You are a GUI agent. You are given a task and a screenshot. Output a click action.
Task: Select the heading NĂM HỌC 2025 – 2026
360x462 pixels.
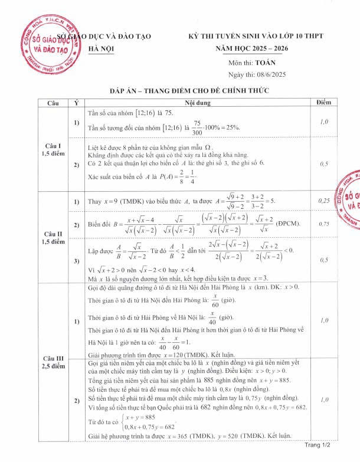click(247, 48)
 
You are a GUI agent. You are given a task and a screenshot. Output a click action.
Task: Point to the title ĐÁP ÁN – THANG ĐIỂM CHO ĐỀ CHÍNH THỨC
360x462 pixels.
click(181, 91)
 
